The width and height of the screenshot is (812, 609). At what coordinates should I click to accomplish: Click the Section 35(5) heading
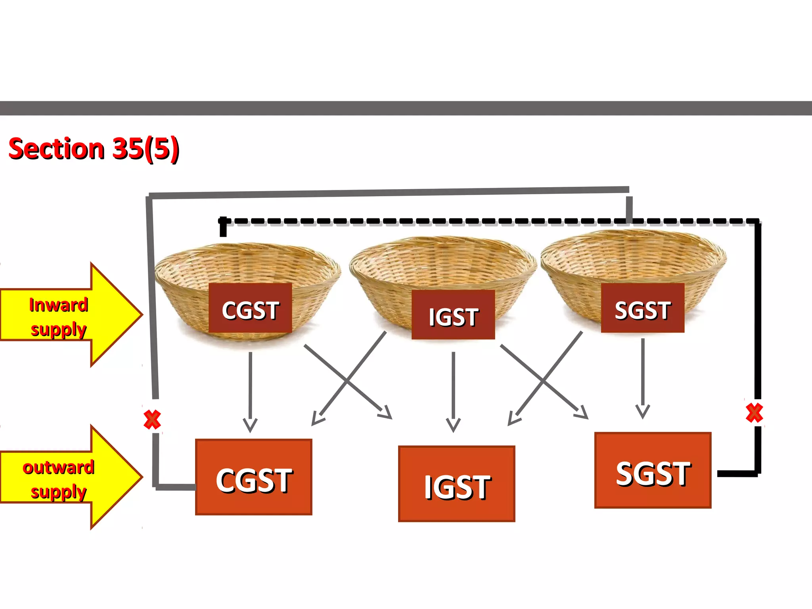[x=94, y=149]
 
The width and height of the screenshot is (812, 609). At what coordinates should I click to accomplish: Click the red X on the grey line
[x=152, y=419]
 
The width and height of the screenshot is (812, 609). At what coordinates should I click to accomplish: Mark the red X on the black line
[x=754, y=413]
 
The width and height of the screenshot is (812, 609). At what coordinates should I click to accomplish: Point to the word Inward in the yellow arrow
[x=58, y=305]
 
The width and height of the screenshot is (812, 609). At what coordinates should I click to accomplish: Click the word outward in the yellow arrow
[x=58, y=467]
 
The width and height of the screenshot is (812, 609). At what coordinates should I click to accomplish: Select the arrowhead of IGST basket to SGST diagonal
[x=582, y=414]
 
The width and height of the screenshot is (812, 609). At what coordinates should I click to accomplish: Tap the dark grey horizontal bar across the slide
[x=406, y=108]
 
